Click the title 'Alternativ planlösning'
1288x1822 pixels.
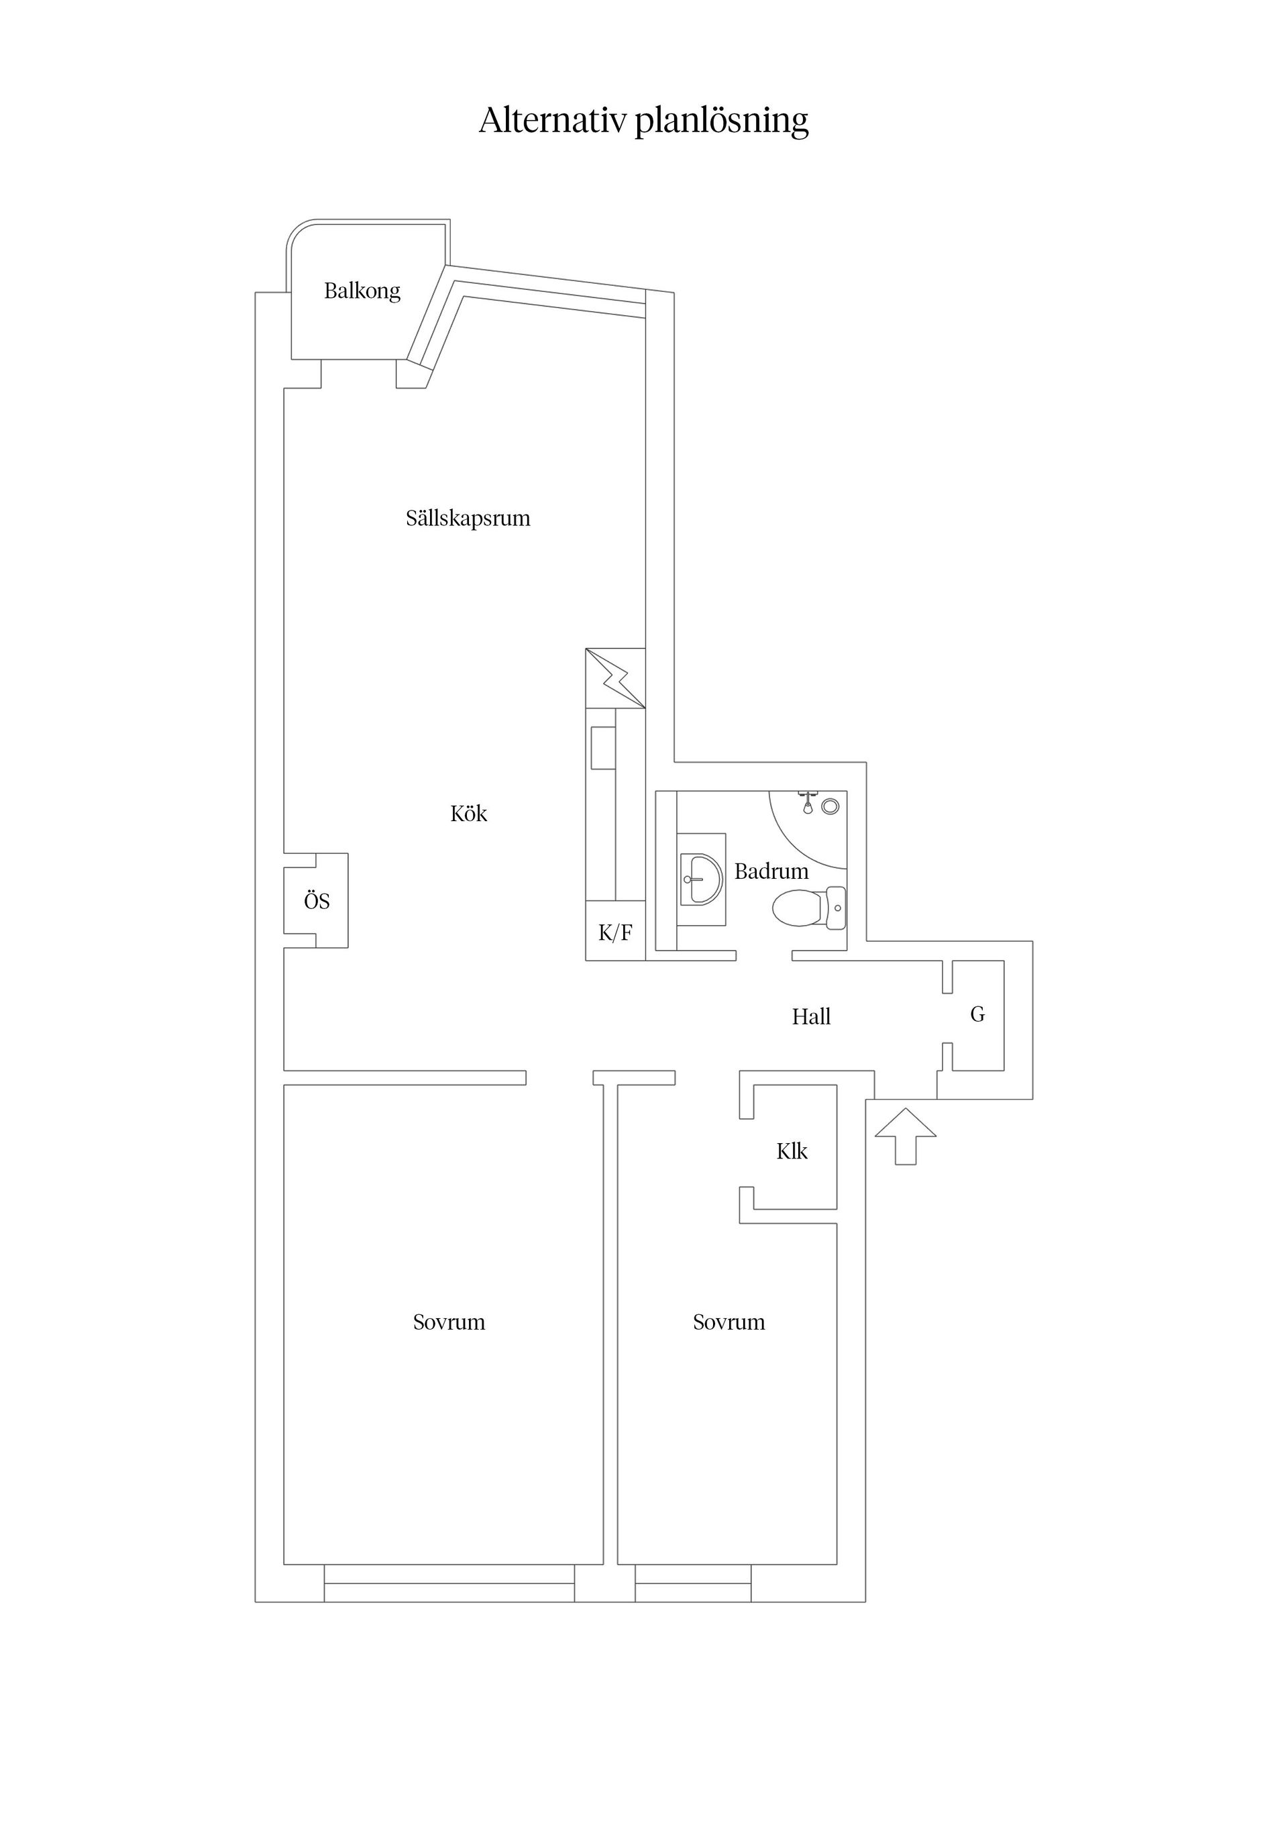[643, 121]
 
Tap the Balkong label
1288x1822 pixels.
[362, 291]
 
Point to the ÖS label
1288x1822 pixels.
[317, 902]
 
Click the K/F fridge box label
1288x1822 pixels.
[615, 932]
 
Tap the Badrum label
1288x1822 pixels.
[771, 871]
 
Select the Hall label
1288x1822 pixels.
[811, 1016]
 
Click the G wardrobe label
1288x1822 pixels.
[977, 1014]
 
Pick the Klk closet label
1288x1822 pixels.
[791, 1151]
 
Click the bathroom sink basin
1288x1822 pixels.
[702, 879]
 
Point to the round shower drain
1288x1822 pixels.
[830, 806]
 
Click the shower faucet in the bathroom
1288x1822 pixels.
[808, 800]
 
